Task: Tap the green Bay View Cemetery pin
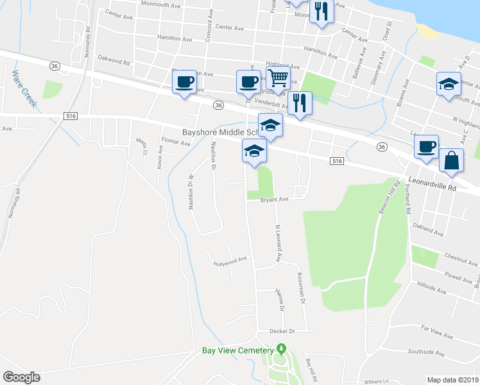point(281,349)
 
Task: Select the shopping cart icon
point(278,79)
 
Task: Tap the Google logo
point(21,377)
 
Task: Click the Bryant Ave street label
point(274,200)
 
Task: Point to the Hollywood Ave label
point(230,261)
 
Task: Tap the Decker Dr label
point(282,331)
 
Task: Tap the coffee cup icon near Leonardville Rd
point(426,146)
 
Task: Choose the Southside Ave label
point(426,352)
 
